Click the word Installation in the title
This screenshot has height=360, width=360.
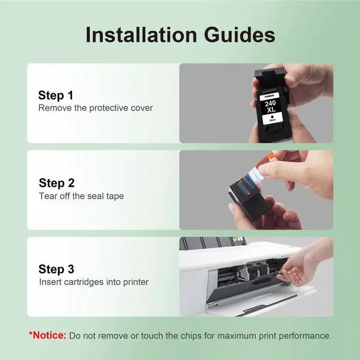click(141, 35)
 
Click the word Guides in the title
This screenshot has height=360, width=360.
click(240, 35)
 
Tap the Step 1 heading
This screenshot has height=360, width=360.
click(56, 96)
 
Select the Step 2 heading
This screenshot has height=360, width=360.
click(57, 183)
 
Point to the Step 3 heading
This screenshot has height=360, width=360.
click(56, 269)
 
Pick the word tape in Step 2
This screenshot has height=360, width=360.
click(115, 196)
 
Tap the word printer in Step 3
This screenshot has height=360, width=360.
click(136, 282)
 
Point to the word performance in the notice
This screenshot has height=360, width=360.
click(305, 336)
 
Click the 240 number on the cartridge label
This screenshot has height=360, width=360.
click(270, 103)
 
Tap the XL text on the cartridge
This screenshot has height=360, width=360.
click(271, 110)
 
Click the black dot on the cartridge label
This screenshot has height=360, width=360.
click(272, 116)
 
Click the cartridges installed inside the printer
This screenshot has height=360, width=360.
click(253, 271)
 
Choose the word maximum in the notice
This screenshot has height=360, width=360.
click(236, 336)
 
